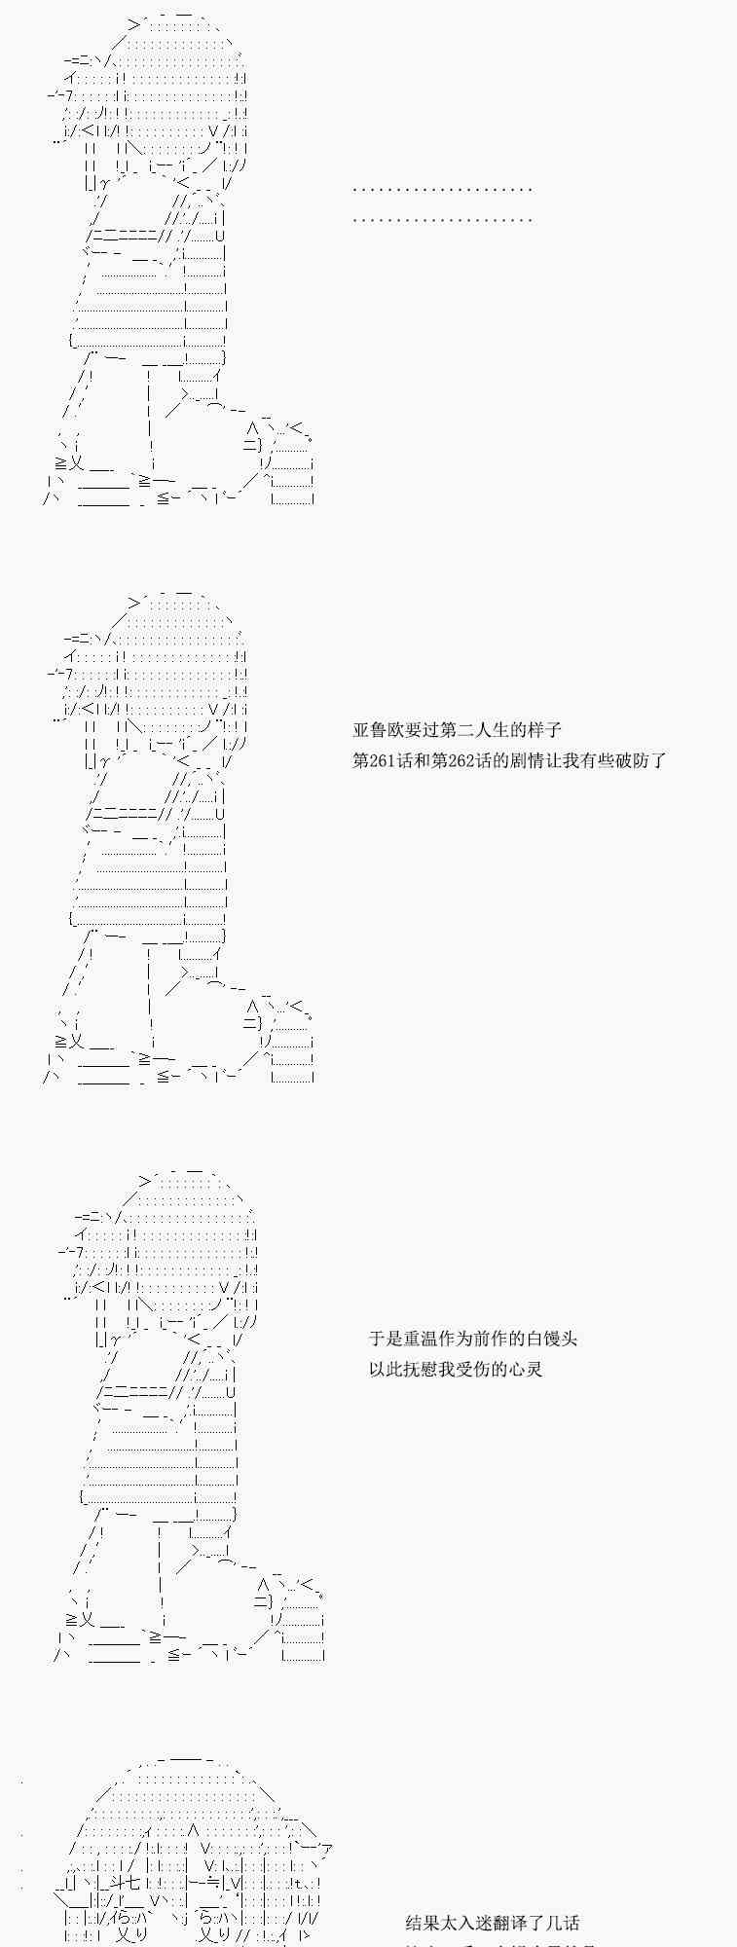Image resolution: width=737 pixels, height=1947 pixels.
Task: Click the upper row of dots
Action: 442,189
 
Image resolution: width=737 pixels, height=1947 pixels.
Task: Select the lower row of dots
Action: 442,219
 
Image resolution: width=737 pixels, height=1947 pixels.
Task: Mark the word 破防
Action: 634,761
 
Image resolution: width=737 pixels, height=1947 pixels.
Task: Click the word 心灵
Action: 526,1370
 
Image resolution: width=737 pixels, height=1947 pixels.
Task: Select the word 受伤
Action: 482,1370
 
